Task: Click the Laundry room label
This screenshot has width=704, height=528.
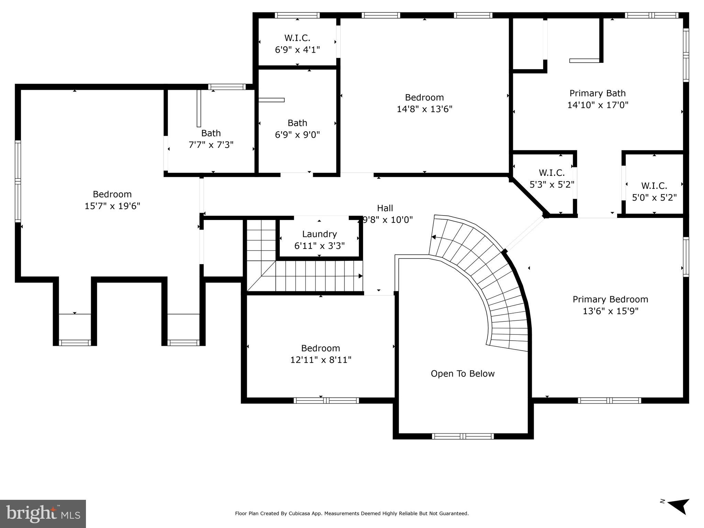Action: pos(319,234)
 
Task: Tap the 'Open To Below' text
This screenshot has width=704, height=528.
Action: pos(462,374)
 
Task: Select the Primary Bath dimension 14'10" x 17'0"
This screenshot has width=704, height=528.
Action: pos(597,105)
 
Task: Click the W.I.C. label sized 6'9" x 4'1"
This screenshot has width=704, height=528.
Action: pos(297,38)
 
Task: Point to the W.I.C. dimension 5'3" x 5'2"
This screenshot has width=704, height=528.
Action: pos(552,185)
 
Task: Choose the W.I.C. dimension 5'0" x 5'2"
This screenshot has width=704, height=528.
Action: pos(654,197)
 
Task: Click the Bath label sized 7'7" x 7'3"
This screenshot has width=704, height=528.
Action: pos(211,133)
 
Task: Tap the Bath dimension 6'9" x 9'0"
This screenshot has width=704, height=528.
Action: pos(297,134)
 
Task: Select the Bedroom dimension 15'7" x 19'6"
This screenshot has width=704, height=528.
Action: pos(112,206)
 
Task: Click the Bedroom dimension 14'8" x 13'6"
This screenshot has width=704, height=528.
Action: pos(424,109)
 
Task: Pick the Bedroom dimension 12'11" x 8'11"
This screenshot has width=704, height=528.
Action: pos(320,360)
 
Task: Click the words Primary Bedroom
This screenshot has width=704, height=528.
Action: pos(610,299)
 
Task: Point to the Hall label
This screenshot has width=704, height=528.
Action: pos(385,208)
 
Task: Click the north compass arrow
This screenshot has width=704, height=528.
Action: pos(679,515)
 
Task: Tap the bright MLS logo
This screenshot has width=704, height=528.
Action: pos(43,514)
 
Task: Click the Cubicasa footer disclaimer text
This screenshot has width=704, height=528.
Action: pos(352,514)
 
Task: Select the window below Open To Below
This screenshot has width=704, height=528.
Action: pos(463,436)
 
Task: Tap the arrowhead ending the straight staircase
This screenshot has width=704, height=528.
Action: pos(361,276)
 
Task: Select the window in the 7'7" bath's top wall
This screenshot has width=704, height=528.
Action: pos(227,87)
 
